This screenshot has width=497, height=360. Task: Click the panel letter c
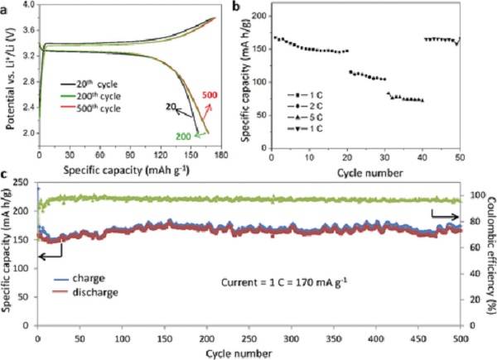[x=7, y=175]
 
